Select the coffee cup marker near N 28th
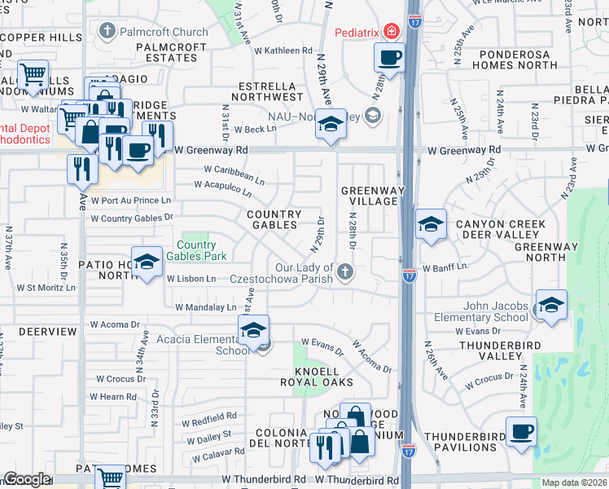point(389,58)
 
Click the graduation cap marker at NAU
point(330,125)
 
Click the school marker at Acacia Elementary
point(253,330)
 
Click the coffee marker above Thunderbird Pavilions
point(521,430)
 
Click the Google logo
point(27,479)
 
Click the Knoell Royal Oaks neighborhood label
point(317,376)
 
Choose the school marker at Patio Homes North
point(147,262)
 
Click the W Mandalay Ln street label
point(205,307)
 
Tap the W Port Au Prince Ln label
point(131,200)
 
